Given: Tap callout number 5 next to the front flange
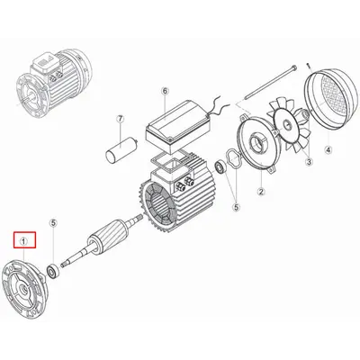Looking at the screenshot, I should coord(53,221).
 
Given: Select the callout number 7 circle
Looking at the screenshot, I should coord(119,119).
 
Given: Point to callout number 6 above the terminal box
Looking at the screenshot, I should coord(166,91).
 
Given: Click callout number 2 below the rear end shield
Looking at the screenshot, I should coord(260,190).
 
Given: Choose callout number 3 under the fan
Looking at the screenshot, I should coord(308,162).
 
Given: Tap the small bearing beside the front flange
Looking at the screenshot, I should coord(55,267).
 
